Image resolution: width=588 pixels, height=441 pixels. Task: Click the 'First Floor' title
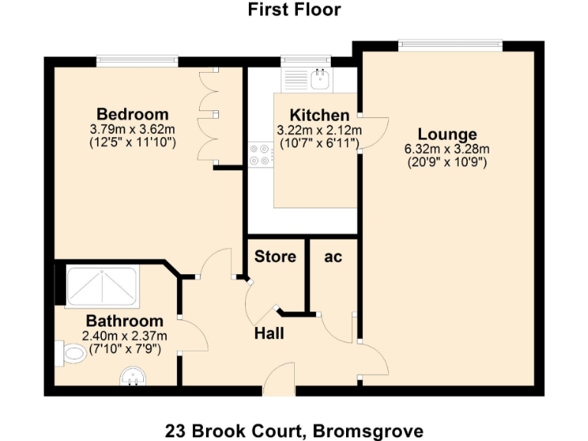pyautogui.click(x=294, y=10)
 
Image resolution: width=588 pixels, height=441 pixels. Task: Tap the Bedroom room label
pyautogui.click(x=132, y=115)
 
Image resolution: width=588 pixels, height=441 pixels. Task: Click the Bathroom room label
pyautogui.click(x=124, y=321)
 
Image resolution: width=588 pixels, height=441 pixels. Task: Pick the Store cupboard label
pyautogui.click(x=275, y=256)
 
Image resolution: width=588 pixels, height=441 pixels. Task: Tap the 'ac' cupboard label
pyautogui.click(x=333, y=256)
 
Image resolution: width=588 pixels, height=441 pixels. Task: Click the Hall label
pyautogui.click(x=269, y=333)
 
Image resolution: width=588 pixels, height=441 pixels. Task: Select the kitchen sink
pyautogui.click(x=319, y=77)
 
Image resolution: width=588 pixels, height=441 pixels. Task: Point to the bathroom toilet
pyautogui.click(x=72, y=354)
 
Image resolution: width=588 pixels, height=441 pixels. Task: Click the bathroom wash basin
pyautogui.click(x=132, y=377)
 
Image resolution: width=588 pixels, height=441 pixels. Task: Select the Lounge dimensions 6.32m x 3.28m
pyautogui.click(x=447, y=149)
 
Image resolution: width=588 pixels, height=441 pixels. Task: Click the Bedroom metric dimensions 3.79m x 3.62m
pyautogui.click(x=132, y=129)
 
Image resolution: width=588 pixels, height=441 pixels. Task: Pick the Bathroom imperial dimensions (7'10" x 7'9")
pyautogui.click(x=124, y=348)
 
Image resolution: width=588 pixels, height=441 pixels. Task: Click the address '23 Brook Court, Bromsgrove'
pyautogui.click(x=294, y=430)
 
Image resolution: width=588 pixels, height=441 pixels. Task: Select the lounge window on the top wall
pyautogui.click(x=450, y=46)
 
